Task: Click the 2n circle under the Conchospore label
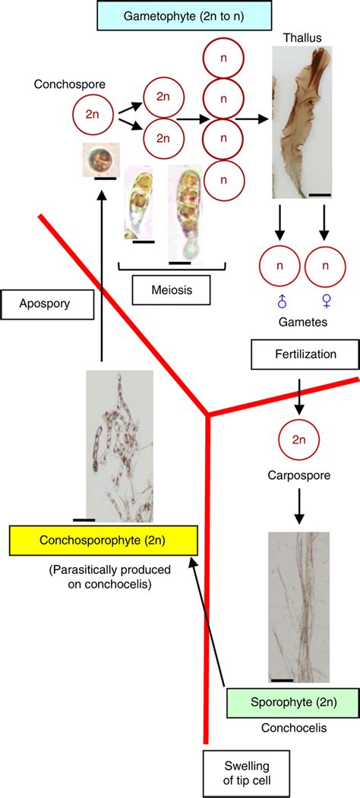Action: tap(92, 114)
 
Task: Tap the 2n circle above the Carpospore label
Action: tap(298, 440)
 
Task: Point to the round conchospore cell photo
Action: tap(100, 161)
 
